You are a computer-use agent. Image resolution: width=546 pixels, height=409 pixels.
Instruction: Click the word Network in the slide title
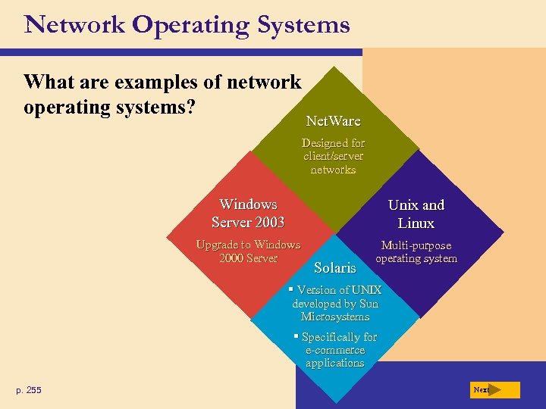coord(74,25)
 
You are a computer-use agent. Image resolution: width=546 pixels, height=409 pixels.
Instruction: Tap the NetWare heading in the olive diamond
coord(333,121)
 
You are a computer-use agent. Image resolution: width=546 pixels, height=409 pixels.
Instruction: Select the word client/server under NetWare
coord(334,156)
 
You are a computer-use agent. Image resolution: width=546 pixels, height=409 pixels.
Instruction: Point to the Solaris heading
coord(334,267)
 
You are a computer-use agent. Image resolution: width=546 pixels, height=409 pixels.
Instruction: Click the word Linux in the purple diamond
coord(416,223)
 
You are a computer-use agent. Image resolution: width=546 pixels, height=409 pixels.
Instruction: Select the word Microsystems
coord(334,317)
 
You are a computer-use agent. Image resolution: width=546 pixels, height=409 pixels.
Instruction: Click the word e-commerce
coord(335,350)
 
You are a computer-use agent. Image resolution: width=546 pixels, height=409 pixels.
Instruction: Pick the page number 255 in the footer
coord(33,390)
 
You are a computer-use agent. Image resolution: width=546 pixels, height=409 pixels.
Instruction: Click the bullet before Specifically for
coord(296,336)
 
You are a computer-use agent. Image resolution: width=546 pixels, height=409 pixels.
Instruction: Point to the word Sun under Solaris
coord(368,304)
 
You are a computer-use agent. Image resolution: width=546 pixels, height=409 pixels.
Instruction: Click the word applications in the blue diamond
coord(335,363)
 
